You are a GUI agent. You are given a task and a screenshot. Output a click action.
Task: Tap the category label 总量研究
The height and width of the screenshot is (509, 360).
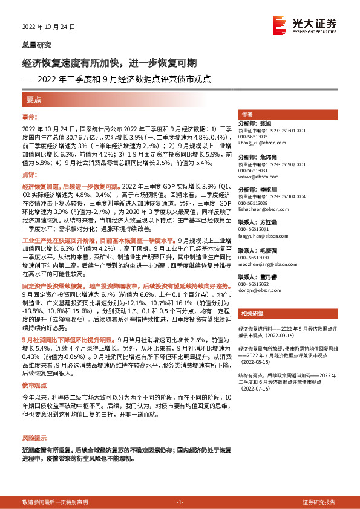36,45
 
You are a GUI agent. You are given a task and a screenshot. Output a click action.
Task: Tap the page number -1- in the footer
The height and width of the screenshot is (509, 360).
179,502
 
